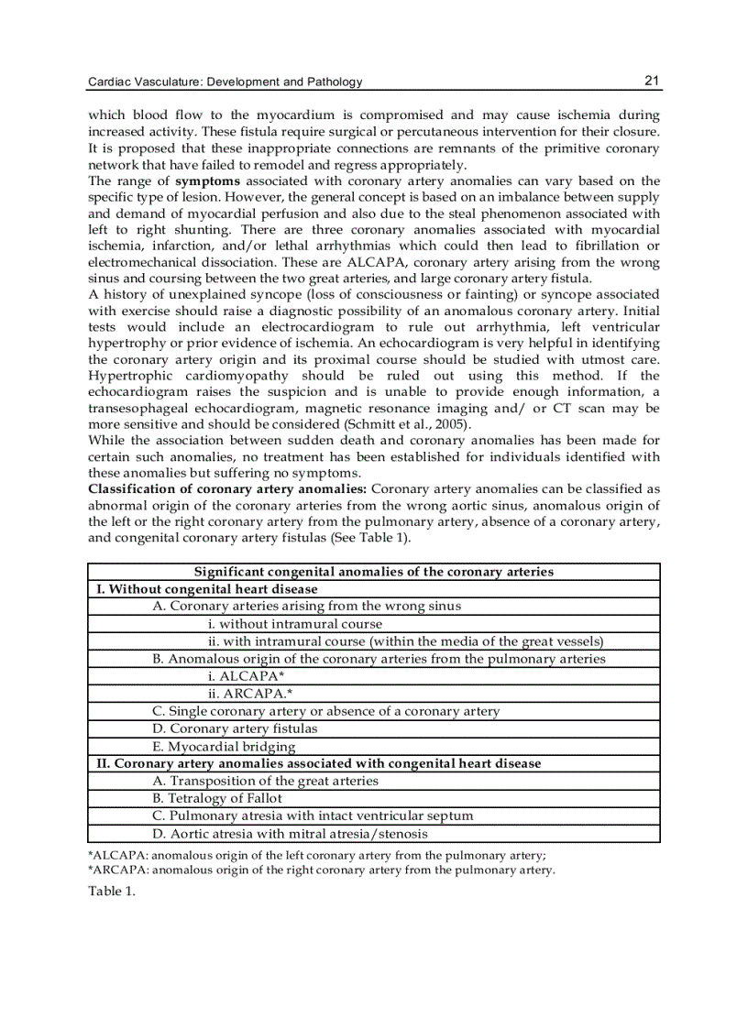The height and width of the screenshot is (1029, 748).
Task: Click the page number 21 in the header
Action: click(x=652, y=81)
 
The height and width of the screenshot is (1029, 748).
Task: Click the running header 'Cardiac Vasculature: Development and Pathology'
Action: click(x=225, y=82)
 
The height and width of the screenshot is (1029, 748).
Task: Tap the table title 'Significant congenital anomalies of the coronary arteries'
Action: click(x=373, y=572)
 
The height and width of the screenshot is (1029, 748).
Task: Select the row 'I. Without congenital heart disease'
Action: click(x=208, y=589)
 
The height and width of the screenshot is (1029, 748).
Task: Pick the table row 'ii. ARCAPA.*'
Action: click(x=249, y=693)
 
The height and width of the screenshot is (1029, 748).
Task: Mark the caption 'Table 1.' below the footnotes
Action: click(x=111, y=892)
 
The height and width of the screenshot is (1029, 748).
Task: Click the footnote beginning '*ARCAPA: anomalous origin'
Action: click(x=321, y=870)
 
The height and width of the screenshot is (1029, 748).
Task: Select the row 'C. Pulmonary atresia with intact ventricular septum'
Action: click(x=313, y=816)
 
